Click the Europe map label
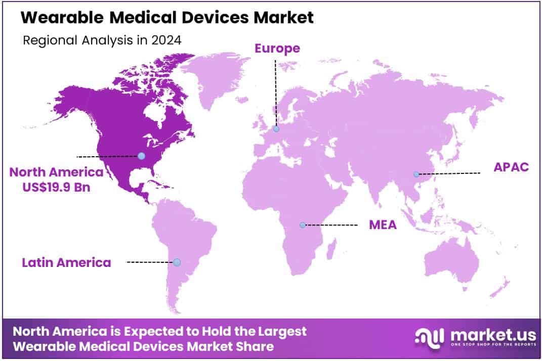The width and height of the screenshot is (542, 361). pos(277,49)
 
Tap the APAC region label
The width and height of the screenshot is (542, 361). pos(511,167)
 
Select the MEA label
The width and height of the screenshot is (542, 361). pos(383,225)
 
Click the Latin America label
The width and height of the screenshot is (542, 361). pos(66,262)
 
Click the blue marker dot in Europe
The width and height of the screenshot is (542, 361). pos(276,129)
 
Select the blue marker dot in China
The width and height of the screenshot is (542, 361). pos(416,174)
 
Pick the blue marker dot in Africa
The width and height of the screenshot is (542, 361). pos(303,225)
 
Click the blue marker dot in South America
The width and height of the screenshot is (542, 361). pos(177,262)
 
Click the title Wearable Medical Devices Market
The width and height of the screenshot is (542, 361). pos(168,18)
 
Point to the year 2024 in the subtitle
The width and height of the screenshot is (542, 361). pos(167,41)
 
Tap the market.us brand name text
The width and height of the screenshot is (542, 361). pos(485,334)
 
